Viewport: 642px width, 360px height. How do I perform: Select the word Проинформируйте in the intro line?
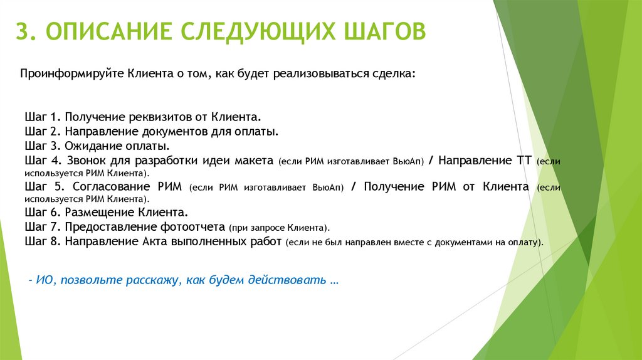73,74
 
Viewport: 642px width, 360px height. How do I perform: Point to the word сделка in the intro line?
393,74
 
